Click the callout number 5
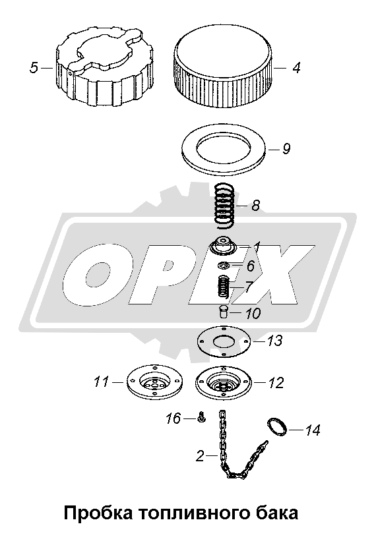(x=34, y=68)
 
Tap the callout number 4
(x=296, y=68)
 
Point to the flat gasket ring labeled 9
(x=225, y=150)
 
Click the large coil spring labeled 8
(x=224, y=206)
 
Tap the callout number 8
(x=255, y=206)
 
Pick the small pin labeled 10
(x=223, y=311)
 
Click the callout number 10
(x=253, y=314)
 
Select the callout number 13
(x=275, y=341)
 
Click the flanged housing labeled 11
(x=154, y=382)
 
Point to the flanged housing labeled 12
(x=224, y=382)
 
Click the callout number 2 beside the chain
(x=200, y=456)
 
